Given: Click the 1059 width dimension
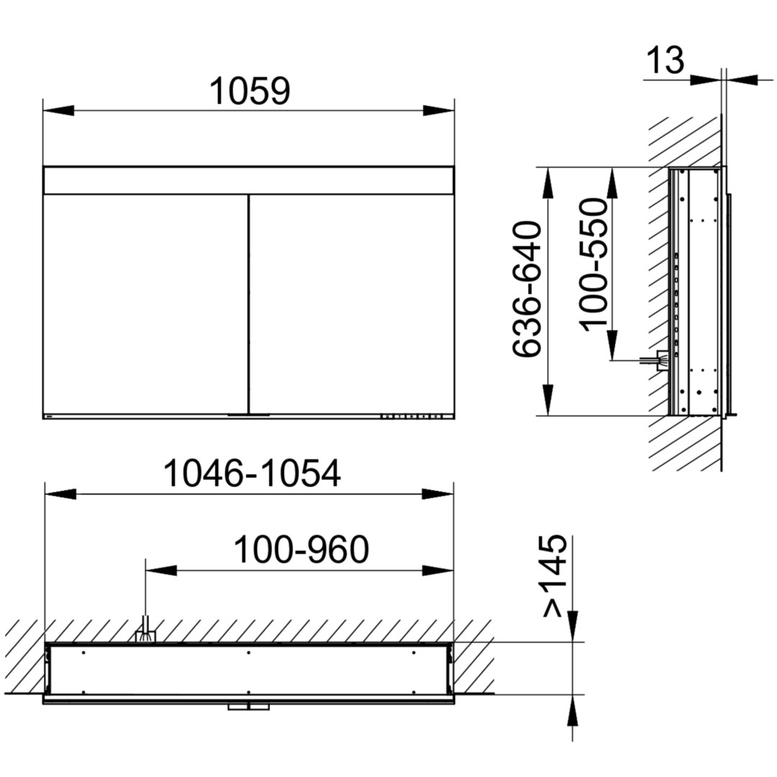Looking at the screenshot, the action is coord(250,91).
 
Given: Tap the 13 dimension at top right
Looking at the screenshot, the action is coord(665,60).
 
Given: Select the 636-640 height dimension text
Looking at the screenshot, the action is coord(526,289).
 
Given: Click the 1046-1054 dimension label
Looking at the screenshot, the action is coord(253,473).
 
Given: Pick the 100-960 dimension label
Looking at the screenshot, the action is coord(301,550).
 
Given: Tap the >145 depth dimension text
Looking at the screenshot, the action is coord(555,576).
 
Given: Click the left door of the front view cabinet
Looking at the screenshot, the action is coord(145,304).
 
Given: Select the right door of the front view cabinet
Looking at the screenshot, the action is coord(351,304).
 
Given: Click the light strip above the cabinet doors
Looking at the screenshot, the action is coord(249,181).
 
